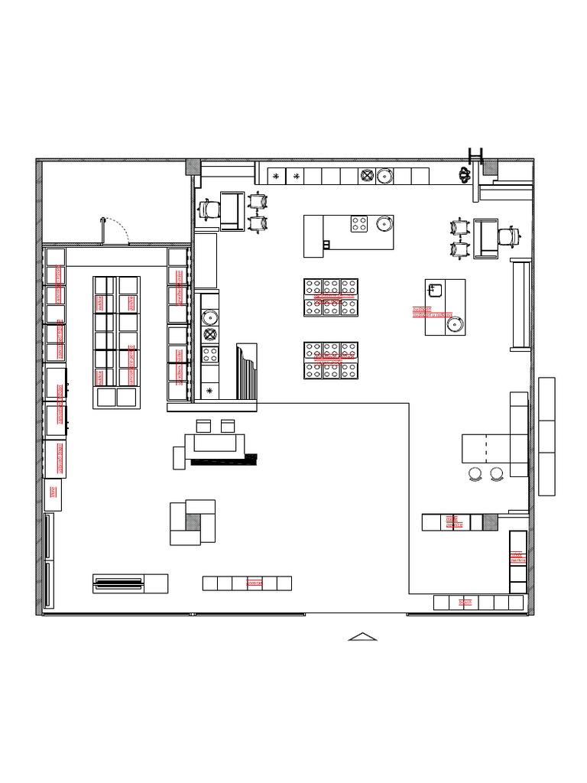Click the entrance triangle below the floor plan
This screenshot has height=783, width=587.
pos(363,636)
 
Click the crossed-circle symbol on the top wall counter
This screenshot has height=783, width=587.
pos(367,177)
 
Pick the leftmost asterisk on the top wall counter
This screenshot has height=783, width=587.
pos(276,177)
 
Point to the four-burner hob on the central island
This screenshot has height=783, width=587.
pos(358,224)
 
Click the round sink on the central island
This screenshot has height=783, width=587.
pos(383,224)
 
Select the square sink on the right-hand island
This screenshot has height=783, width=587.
pos(435,290)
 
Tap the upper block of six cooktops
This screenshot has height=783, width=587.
pos(331,297)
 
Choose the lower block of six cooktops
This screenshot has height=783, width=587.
pos(331,361)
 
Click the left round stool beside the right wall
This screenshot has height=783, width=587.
pos(475,474)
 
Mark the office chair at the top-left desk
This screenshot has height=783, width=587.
pos(208,209)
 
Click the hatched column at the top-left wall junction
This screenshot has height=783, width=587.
pos(193,167)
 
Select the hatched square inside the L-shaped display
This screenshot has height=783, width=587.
pos(193,521)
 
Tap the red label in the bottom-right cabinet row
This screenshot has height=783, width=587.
pos(465,603)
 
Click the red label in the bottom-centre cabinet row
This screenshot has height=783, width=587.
pos(254,583)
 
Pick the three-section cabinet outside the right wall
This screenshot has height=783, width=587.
pos(546,436)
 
